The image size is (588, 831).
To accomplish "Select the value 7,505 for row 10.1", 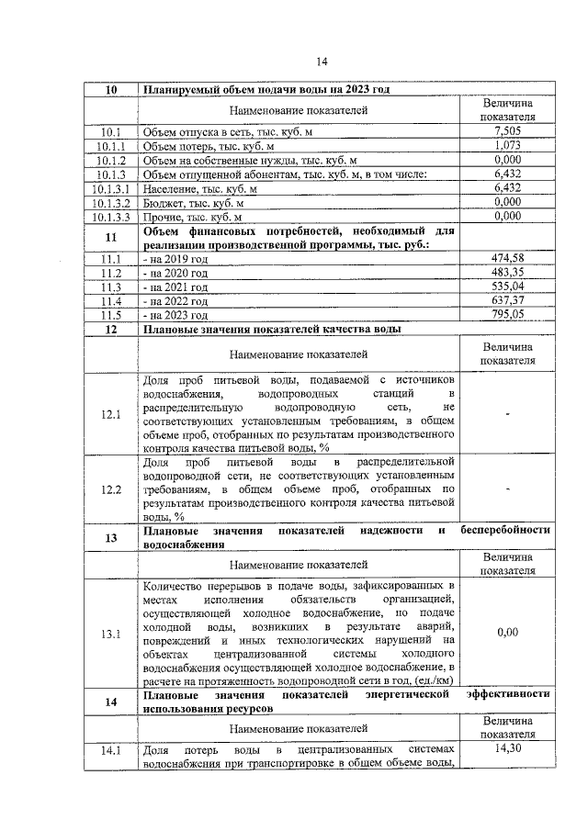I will tap(507, 132).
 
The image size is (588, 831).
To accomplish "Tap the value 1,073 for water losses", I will tap(507, 146).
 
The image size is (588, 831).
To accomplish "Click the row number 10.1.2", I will tap(112, 160).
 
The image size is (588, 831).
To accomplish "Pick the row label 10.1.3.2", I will tap(112, 202).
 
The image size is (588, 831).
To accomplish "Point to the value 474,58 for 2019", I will tap(507, 258).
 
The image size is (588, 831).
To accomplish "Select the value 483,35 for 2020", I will tap(507, 273).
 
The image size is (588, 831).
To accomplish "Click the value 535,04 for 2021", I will tap(507, 286).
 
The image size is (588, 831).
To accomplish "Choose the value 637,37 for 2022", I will tap(507, 300).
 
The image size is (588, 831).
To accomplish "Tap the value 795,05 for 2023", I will tap(507, 314).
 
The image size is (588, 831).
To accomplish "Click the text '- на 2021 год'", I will tap(175, 287).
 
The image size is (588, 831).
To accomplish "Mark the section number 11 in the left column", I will tap(111, 237).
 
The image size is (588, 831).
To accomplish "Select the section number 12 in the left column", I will tap(111, 329).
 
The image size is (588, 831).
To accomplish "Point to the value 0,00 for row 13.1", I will tap(507, 633).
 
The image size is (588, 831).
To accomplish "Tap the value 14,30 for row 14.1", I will tap(507, 750).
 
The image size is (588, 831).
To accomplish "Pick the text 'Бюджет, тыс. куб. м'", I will tap(194, 202).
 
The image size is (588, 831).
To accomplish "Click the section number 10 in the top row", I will tap(111, 90).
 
